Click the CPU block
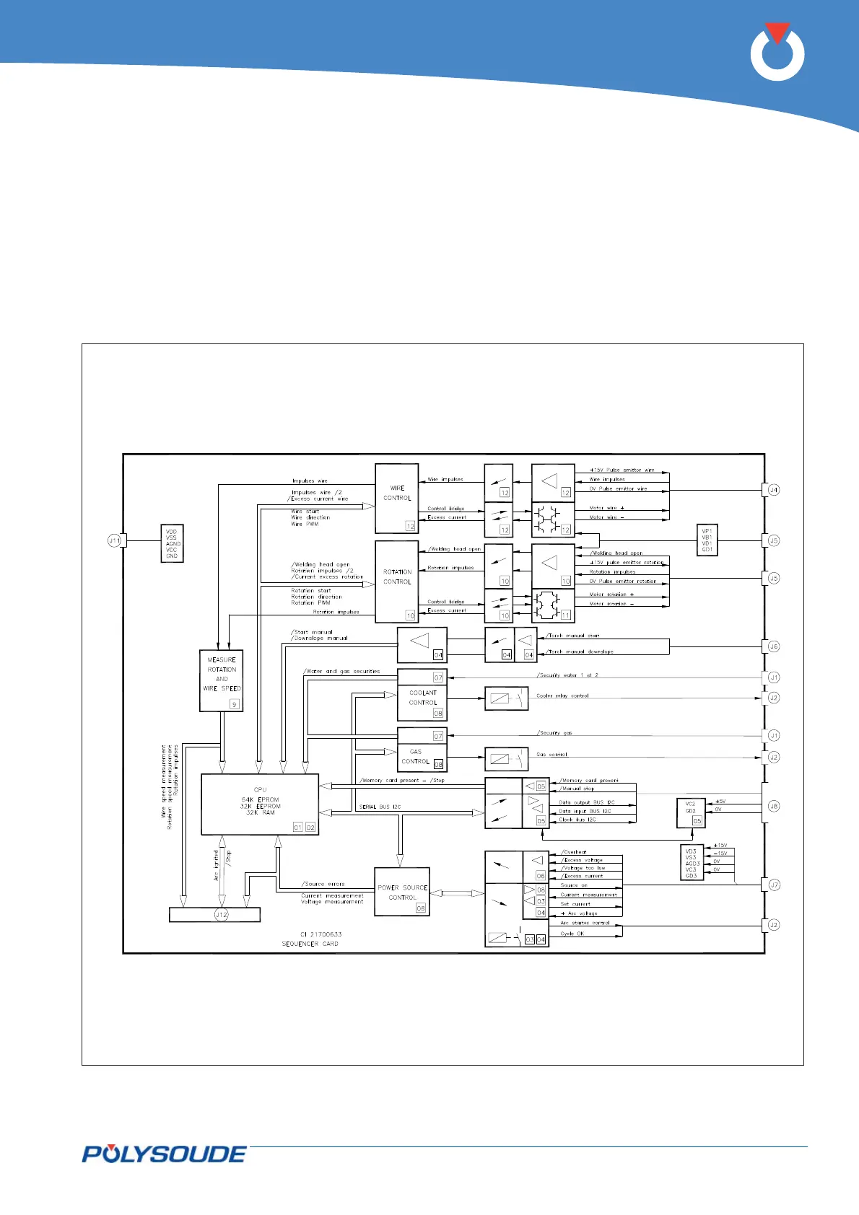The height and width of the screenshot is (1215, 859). tap(260, 804)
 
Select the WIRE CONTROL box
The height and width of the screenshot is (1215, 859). tap(397, 498)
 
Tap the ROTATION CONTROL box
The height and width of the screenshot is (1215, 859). tap(397, 581)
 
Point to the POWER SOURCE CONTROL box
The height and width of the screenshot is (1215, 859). tap(402, 892)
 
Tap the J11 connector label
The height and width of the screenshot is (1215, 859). tap(114, 540)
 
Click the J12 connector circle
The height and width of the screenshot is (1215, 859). tap(221, 915)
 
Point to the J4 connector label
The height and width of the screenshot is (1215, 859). tap(773, 490)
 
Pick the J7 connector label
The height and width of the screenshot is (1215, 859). tap(773, 885)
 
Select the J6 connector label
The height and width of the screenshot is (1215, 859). tap(773, 647)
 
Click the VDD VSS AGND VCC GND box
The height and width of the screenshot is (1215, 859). tap(172, 544)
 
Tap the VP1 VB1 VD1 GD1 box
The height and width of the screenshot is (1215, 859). tap(707, 540)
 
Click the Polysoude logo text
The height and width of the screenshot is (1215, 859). tap(164, 1154)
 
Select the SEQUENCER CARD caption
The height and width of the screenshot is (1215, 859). tap(310, 944)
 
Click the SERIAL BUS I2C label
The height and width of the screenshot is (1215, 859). tap(380, 807)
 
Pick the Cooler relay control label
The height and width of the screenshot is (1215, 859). tap(562, 696)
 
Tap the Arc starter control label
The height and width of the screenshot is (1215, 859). tap(585, 923)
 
